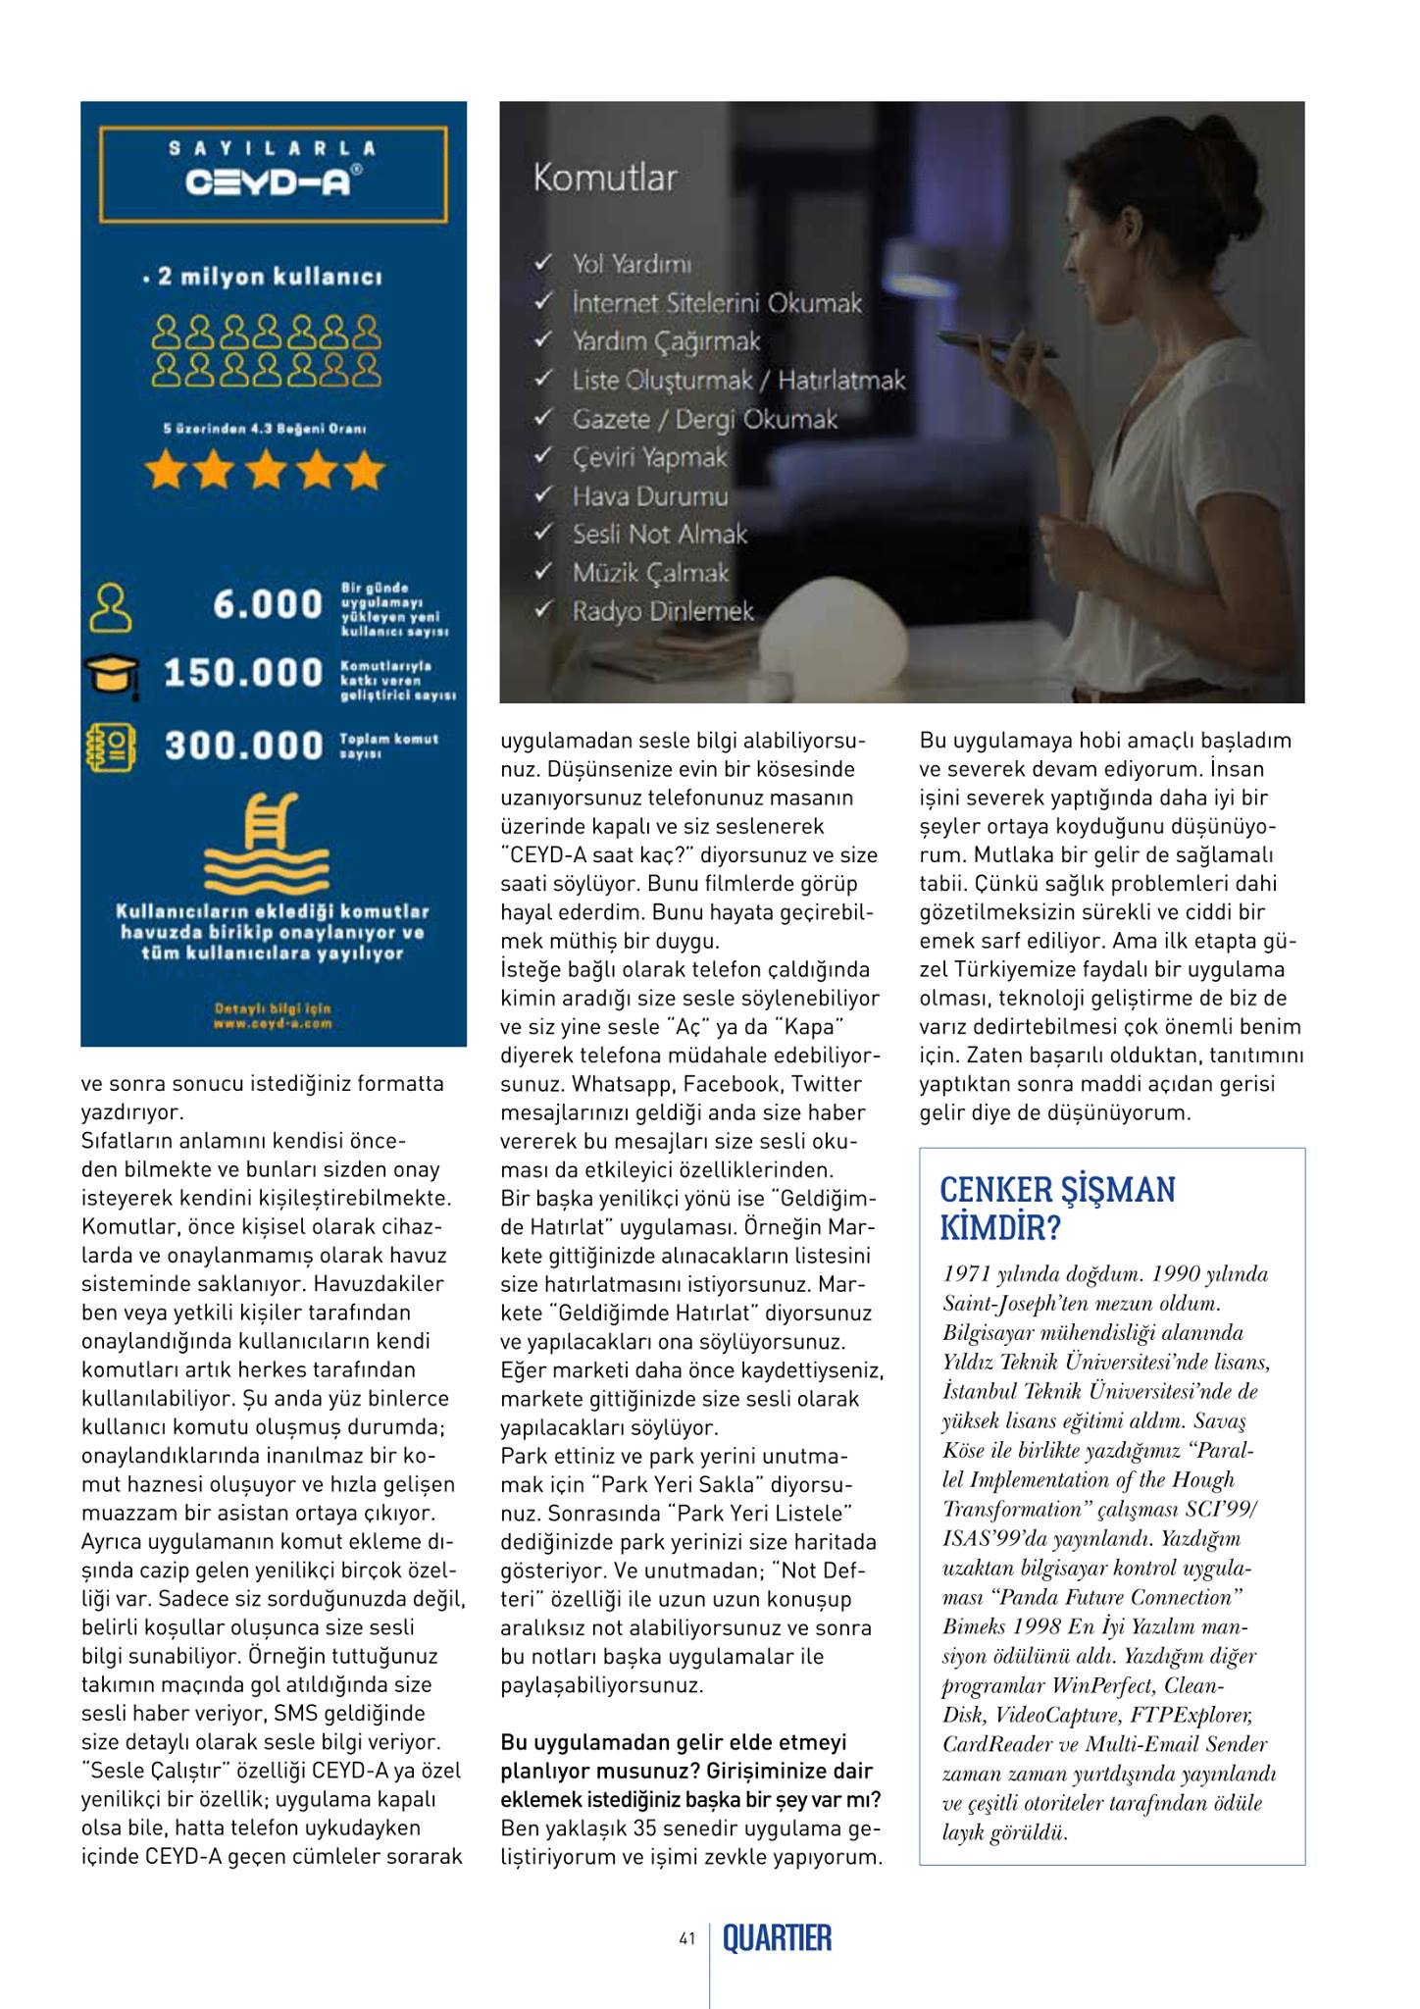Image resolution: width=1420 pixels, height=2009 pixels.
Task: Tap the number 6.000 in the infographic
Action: [268, 604]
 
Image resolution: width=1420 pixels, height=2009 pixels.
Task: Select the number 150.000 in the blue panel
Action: [243, 673]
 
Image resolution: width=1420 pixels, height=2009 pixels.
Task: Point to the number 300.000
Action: [243, 746]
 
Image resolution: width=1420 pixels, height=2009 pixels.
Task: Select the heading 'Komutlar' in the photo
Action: [605, 179]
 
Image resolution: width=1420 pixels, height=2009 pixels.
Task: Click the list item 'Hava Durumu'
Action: [650, 496]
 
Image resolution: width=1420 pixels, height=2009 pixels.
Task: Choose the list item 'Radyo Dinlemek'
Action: [663, 611]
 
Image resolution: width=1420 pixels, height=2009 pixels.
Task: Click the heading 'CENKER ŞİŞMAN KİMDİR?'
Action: [1057, 1207]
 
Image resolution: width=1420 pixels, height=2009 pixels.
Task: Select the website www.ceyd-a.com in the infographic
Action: [273, 1024]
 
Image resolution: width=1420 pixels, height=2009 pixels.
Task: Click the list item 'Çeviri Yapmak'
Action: [650, 457]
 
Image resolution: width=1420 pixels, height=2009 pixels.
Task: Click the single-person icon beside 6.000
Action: [110, 607]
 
